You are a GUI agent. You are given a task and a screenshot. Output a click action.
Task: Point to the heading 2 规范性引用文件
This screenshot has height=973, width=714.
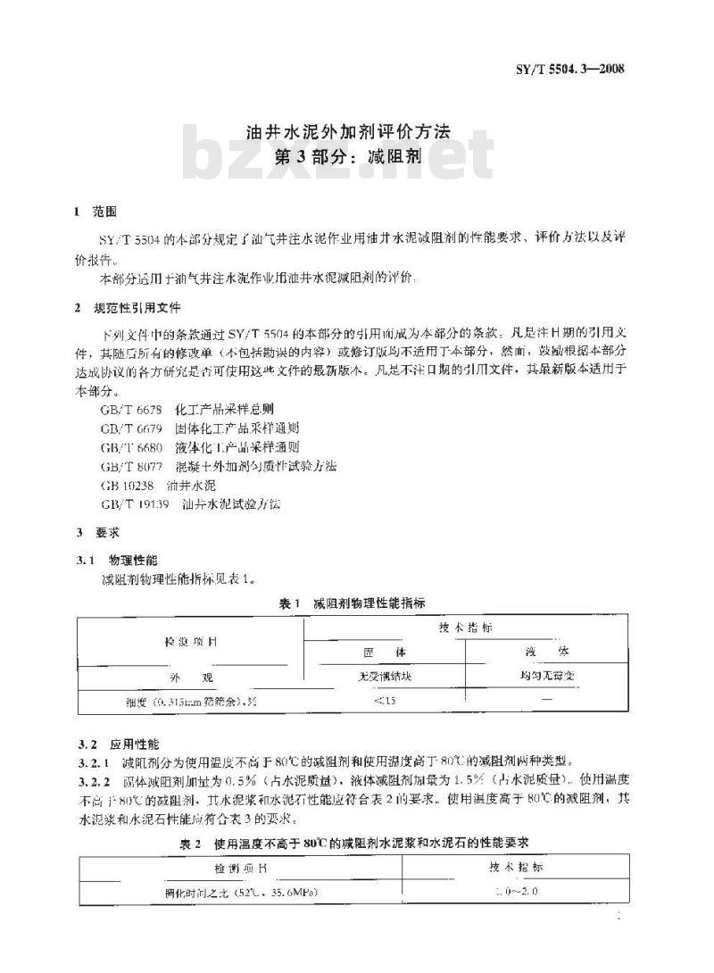[x=129, y=308]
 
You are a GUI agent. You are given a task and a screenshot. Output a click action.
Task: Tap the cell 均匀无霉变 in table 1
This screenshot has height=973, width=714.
[x=548, y=675]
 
